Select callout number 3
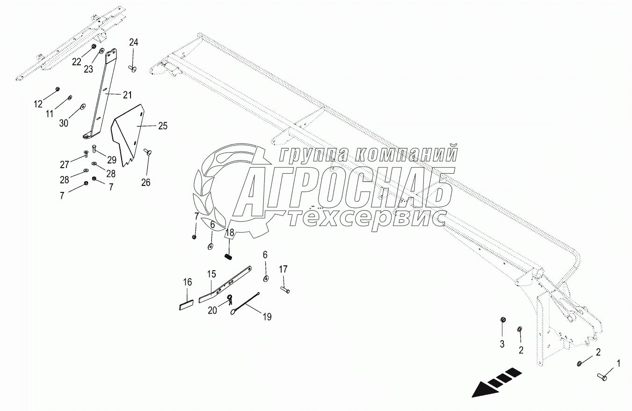coord(502,345)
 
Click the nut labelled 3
coord(502,320)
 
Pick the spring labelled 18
coord(229,256)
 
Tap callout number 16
coord(187,282)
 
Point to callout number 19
coord(267,317)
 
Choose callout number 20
coord(212,310)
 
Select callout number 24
coord(134,43)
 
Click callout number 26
coord(146,183)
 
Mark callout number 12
coord(38,103)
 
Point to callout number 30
coord(64,123)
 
